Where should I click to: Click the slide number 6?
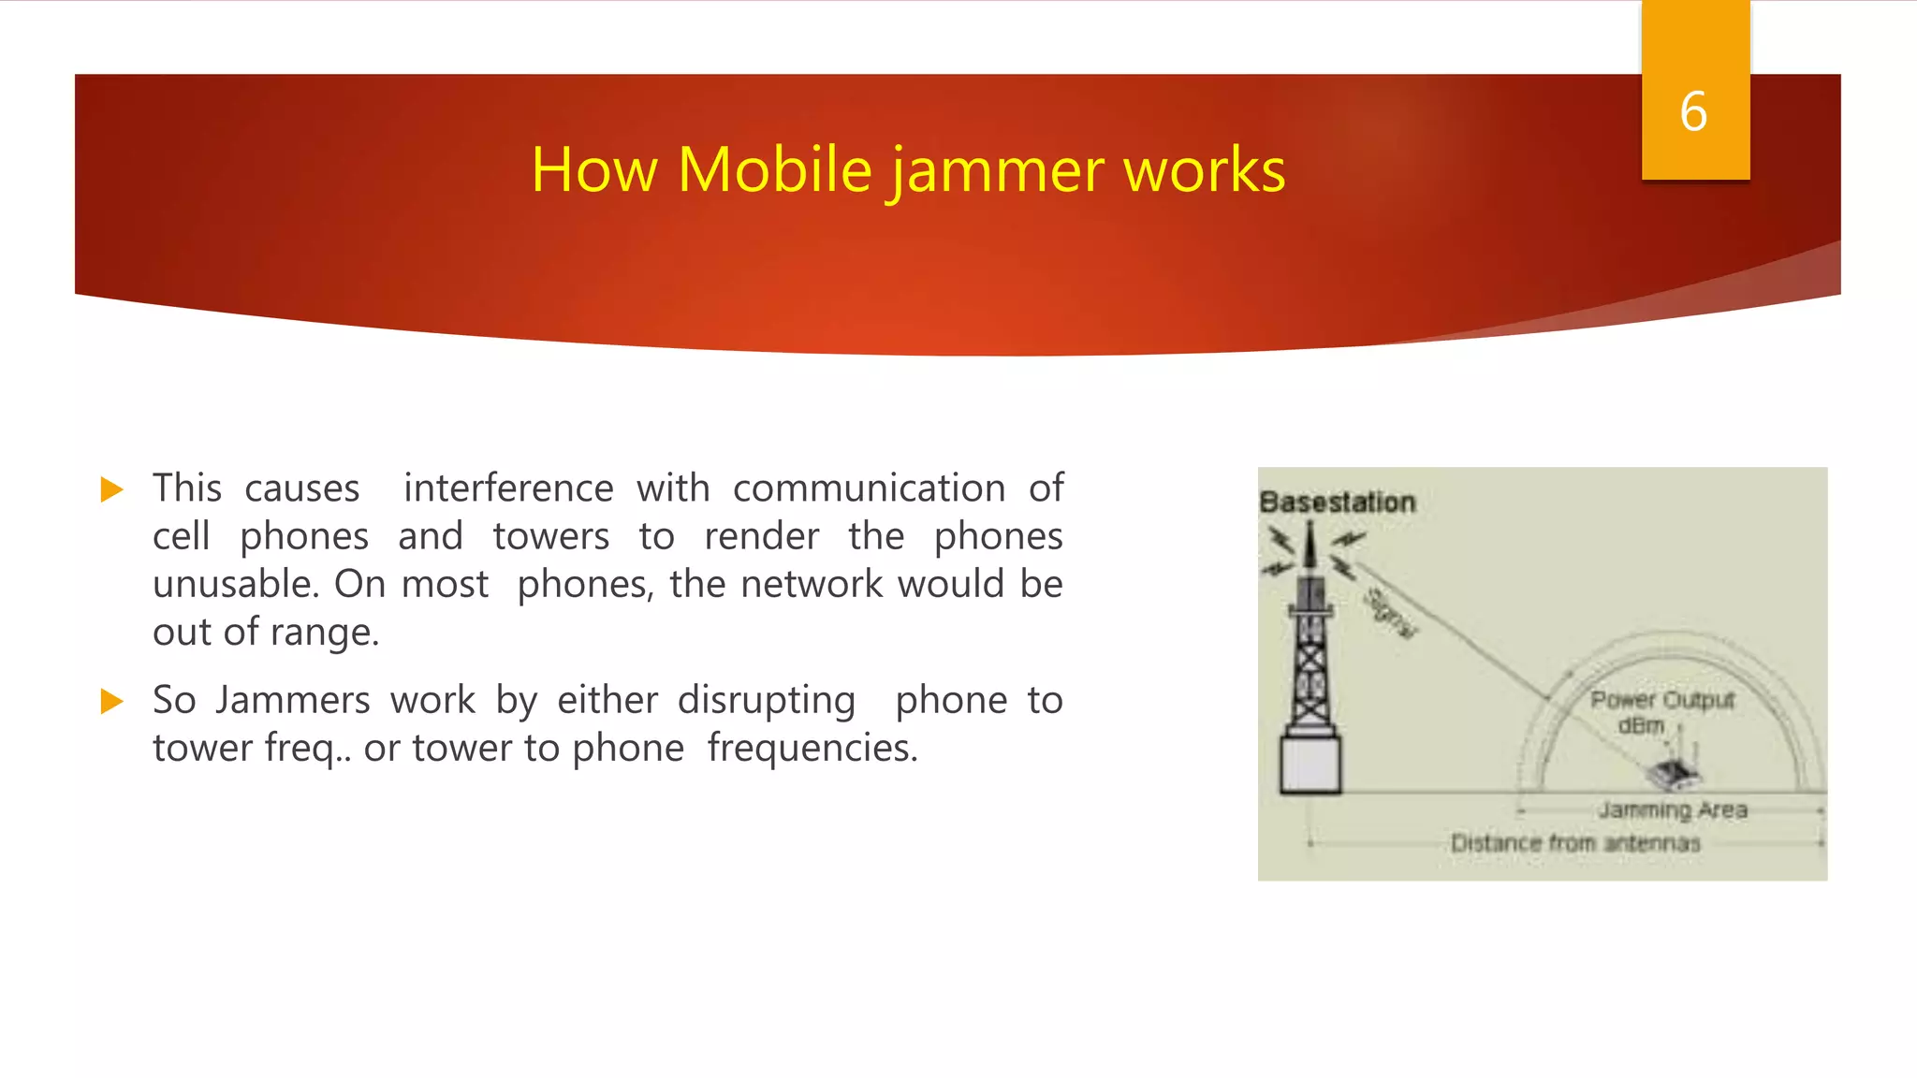click(x=1693, y=111)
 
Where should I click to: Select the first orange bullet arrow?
click(x=112, y=489)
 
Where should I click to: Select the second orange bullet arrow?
click(x=112, y=701)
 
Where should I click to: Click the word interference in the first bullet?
click(x=508, y=488)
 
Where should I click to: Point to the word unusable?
click(x=236, y=585)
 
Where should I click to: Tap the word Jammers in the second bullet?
click(x=293, y=700)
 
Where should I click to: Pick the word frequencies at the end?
click(x=812, y=748)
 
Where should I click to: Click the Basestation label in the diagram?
click(x=1337, y=503)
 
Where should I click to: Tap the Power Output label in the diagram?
click(x=1662, y=700)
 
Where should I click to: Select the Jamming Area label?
click(x=1672, y=809)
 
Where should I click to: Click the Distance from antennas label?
click(x=1575, y=843)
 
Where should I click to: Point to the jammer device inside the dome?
click(x=1672, y=772)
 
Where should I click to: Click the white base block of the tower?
click(x=1310, y=765)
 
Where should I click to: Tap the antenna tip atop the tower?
click(x=1310, y=530)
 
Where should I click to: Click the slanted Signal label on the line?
click(x=1390, y=612)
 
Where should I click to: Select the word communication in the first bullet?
click(x=869, y=488)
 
